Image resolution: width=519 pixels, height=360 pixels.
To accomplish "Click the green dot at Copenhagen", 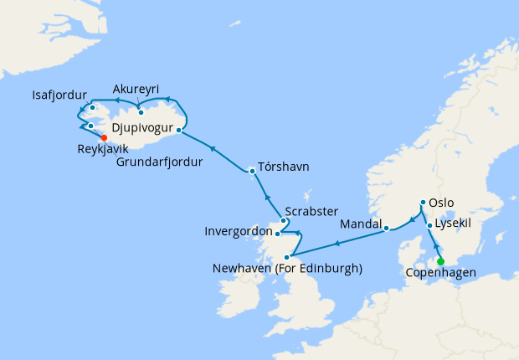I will click(x=440, y=261).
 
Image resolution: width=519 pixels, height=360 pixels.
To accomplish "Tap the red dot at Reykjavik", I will click(x=104, y=138).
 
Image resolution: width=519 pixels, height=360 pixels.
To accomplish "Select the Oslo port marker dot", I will click(x=422, y=203).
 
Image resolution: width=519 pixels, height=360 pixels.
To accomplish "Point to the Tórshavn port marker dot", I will click(x=252, y=171).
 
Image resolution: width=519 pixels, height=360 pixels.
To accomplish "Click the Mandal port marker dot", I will click(x=386, y=226).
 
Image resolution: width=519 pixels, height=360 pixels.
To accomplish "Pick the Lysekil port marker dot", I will click(x=429, y=225).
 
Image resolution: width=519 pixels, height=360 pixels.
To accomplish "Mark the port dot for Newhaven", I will click(x=286, y=257).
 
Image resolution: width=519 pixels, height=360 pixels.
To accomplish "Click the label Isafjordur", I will click(x=59, y=94).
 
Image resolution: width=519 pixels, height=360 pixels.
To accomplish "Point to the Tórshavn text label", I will click(x=284, y=167).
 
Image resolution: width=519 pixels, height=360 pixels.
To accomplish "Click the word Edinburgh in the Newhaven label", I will click(x=329, y=269).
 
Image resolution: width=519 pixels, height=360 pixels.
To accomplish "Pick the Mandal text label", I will click(x=361, y=224).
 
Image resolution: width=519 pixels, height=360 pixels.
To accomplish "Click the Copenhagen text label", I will click(x=440, y=273).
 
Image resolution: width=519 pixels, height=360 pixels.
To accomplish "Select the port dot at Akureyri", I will click(x=141, y=112).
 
